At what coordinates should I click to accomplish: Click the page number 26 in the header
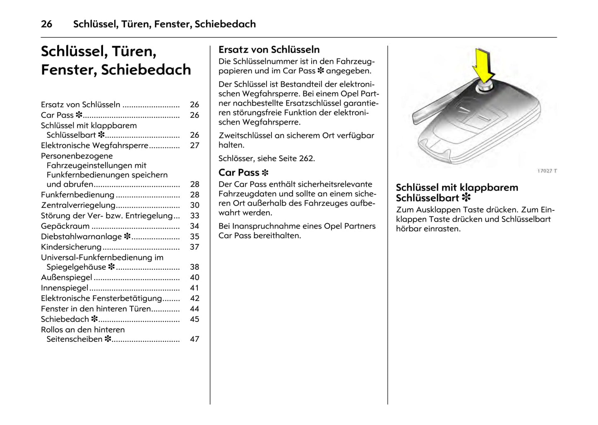tap(46, 24)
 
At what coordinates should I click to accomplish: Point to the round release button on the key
tap(484, 87)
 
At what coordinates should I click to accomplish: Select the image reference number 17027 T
tap(547, 171)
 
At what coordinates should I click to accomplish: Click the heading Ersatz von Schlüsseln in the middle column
tap(269, 50)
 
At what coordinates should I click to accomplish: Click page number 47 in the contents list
tap(195, 339)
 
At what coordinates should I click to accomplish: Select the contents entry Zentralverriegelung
tap(78, 205)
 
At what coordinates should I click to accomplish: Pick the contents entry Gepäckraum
tap(65, 226)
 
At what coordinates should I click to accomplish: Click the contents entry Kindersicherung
tap(71, 247)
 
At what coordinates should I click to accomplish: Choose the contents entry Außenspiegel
tap(66, 278)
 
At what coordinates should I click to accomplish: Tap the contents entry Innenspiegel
tap(65, 288)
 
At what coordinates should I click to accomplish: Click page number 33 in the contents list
tap(195, 216)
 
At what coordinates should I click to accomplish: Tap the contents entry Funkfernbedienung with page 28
tap(77, 195)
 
